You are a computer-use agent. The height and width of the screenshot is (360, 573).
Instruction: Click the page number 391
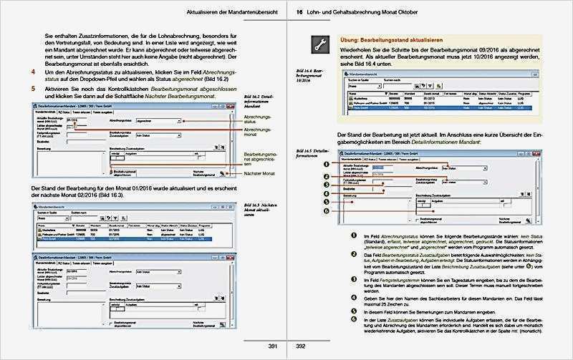272,346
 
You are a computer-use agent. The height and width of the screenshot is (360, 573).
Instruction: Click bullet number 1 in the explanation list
352,237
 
